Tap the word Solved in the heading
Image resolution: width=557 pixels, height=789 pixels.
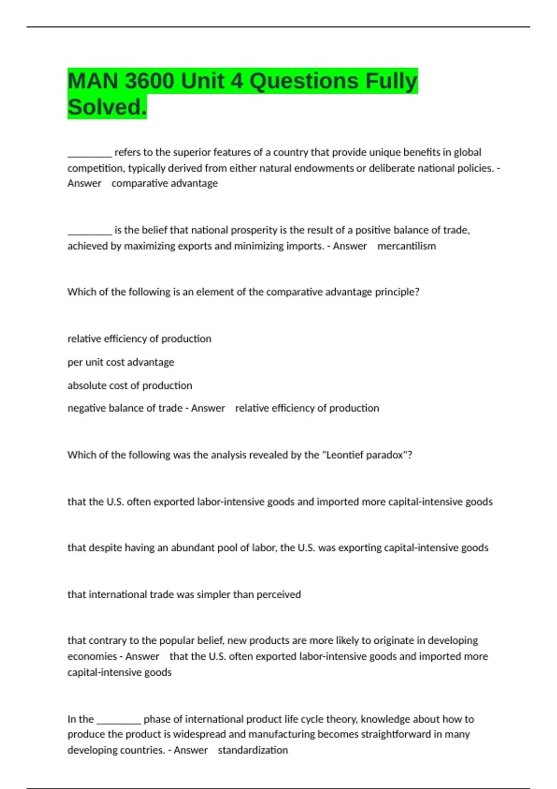pos(107,107)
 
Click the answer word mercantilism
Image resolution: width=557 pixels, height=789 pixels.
pos(407,246)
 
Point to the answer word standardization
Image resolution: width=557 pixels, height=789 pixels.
pos(253,750)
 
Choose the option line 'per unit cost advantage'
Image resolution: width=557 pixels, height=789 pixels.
pos(121,362)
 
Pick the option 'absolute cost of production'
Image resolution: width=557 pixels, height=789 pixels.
pos(130,385)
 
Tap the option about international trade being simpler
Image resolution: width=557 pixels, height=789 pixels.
pos(184,595)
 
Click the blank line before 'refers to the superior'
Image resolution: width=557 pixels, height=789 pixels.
pos(90,154)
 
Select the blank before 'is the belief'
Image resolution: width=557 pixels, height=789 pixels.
pos(90,231)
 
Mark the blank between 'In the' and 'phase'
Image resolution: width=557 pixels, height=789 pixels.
pos(118,720)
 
